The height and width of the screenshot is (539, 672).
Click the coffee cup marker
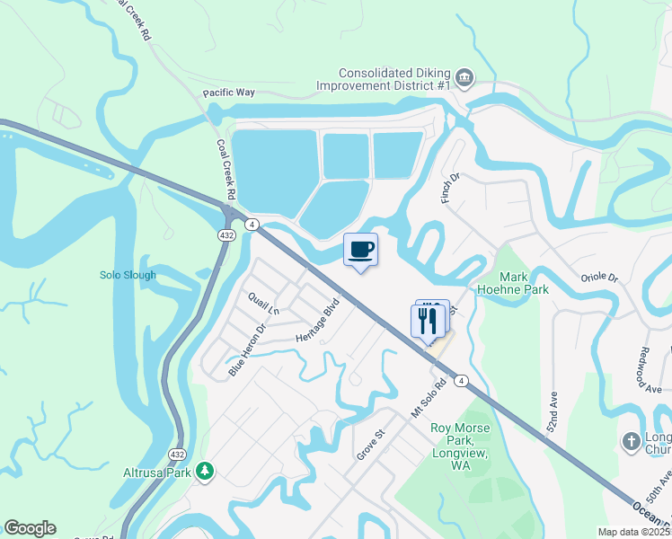[360, 250]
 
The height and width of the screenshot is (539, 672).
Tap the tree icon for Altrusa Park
[205, 471]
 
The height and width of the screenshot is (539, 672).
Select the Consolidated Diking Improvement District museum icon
[464, 78]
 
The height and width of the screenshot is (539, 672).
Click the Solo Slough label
[128, 275]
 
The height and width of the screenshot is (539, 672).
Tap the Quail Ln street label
[263, 304]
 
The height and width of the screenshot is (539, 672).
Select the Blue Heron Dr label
[248, 349]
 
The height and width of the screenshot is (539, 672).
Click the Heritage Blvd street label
[317, 319]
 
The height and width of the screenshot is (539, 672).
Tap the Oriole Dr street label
[599, 278]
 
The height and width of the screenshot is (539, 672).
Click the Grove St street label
[370, 445]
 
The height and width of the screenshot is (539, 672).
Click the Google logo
[30, 528]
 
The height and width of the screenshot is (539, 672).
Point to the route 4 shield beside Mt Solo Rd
[461, 381]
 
